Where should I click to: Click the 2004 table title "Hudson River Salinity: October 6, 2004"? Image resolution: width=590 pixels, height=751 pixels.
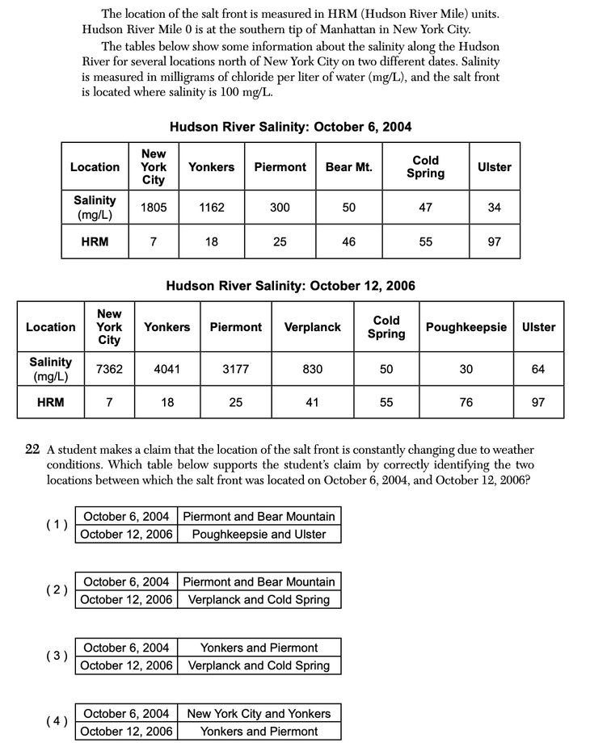[290, 127]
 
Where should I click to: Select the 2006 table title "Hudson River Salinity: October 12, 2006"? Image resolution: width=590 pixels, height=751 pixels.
[290, 285]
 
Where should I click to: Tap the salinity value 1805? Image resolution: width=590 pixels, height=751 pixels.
[154, 207]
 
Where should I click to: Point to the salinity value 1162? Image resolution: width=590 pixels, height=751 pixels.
[211, 207]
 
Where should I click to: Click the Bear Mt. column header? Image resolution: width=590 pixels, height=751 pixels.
[348, 167]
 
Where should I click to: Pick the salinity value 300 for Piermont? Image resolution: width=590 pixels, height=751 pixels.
[280, 207]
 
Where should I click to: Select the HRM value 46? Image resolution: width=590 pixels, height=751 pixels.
[348, 241]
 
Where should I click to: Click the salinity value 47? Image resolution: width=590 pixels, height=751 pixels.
[425, 207]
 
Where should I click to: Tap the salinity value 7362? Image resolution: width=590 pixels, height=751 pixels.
[109, 369]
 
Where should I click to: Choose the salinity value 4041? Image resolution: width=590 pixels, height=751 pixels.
[166, 369]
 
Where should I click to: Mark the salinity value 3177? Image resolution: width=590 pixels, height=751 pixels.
[235, 369]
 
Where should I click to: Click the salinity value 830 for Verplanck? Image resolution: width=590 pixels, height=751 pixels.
[312, 369]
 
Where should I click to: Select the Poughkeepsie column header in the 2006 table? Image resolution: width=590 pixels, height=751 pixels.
[466, 327]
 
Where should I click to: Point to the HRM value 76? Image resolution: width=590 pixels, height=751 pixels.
[466, 401]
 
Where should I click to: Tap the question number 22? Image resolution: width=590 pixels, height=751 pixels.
[32, 450]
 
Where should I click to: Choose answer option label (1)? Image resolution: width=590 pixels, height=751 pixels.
[57, 525]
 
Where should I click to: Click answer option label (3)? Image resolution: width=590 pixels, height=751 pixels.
[57, 656]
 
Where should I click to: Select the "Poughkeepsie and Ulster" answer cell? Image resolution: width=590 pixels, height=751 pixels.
[259, 534]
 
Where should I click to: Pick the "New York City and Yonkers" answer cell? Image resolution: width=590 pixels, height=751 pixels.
[259, 714]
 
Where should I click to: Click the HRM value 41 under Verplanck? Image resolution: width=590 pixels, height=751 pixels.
[312, 401]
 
